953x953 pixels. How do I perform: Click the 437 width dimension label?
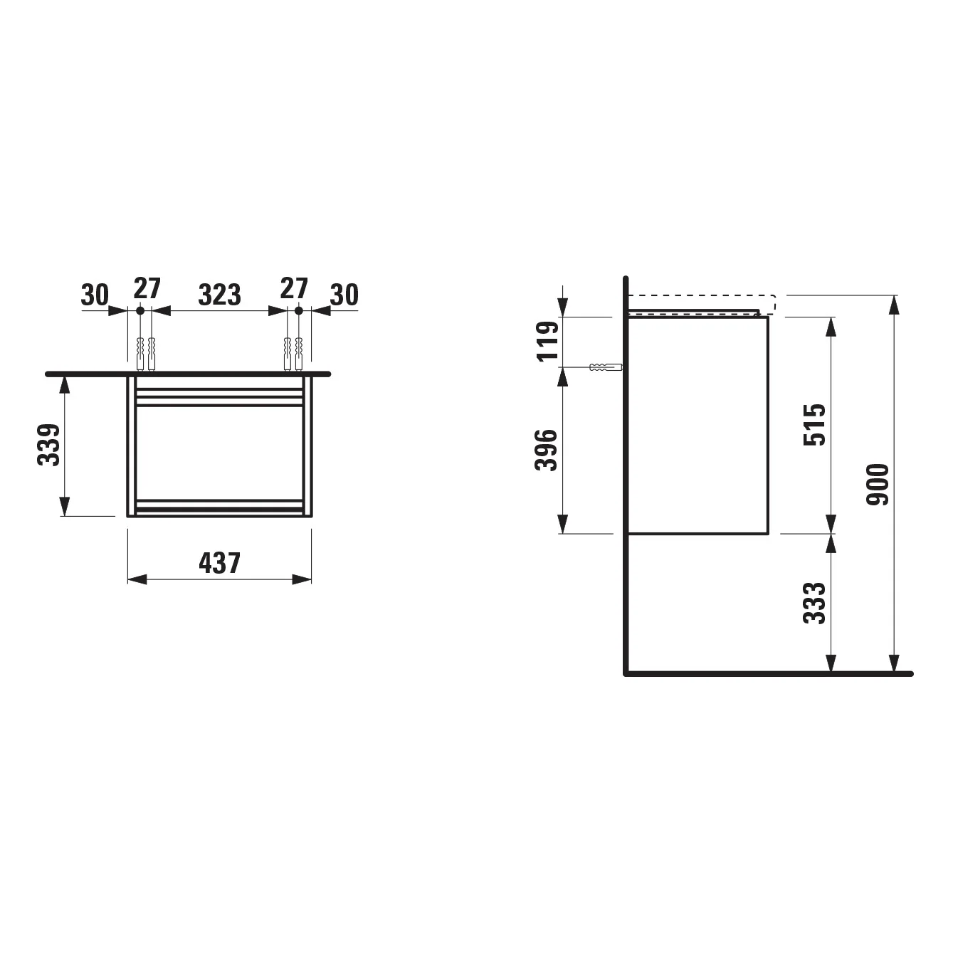click(220, 563)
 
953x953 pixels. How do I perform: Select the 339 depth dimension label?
click(48, 445)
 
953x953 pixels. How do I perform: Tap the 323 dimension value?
click(220, 295)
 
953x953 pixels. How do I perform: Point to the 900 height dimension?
click(878, 485)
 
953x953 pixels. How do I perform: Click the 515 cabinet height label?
click(814, 425)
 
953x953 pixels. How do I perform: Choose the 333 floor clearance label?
click(814, 604)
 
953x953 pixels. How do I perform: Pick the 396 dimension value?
click(547, 450)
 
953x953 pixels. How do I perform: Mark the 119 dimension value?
click(548, 342)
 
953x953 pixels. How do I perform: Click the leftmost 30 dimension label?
click(95, 295)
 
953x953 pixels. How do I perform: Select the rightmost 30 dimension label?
click(344, 295)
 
